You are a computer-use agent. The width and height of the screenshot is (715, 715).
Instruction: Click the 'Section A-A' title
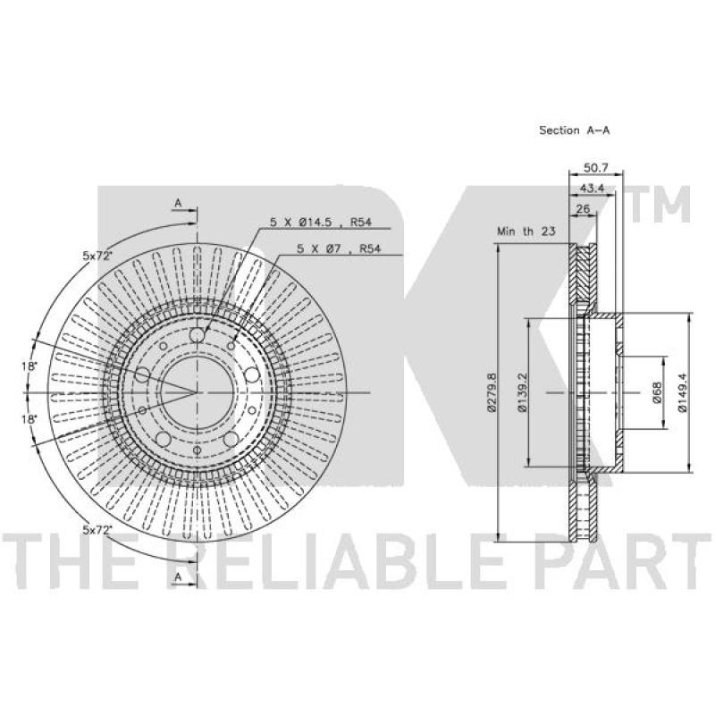pyautogui.click(x=574, y=130)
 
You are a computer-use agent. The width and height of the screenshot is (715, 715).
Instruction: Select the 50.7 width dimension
pyautogui.click(x=596, y=168)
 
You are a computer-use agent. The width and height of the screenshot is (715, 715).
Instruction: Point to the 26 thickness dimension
pyautogui.click(x=584, y=209)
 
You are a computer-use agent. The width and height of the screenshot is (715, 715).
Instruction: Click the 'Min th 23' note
pyautogui.click(x=526, y=231)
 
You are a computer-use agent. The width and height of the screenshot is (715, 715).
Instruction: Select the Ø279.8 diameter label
pyautogui.click(x=491, y=392)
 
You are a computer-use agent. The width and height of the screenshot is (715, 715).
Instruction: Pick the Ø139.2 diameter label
pyautogui.click(x=523, y=392)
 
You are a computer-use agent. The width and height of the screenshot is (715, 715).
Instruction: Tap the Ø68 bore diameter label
pyautogui.click(x=657, y=392)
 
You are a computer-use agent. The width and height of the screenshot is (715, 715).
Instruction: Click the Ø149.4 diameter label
pyautogui.click(x=682, y=392)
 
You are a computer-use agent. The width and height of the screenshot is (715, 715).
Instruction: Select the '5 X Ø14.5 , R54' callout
pyautogui.click(x=321, y=222)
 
